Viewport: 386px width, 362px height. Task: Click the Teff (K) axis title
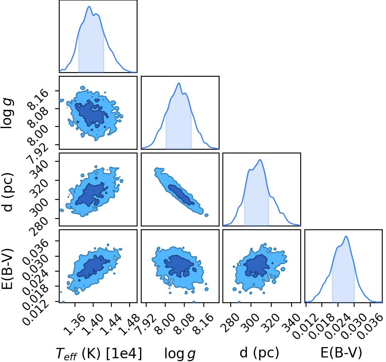coord(78,353)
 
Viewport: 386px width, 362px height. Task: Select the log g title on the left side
coord(7,113)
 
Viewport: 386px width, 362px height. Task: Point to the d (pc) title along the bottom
coord(259,352)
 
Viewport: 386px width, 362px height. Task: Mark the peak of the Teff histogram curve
coord(89,6)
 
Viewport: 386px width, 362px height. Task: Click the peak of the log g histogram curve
coord(179,83)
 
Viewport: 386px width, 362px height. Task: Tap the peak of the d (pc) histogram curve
coord(260,160)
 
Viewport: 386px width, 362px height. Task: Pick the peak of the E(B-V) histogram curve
coord(346,236)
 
